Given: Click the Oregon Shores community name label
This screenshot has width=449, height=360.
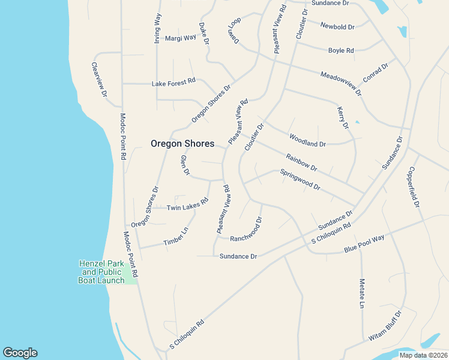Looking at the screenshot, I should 182,143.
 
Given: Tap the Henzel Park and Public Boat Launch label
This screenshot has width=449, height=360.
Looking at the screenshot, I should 101,272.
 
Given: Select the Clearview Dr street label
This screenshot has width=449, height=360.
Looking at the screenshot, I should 99,79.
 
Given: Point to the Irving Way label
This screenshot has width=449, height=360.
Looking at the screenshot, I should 157,28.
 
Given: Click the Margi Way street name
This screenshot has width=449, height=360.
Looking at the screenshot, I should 181,37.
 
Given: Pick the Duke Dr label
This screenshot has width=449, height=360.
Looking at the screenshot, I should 204,34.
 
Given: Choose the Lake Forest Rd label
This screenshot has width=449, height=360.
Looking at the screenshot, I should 173,81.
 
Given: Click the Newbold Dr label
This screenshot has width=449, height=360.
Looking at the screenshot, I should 337,26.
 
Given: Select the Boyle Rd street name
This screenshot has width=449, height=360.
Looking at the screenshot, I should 341,50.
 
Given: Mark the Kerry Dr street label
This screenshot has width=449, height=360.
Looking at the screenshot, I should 343,118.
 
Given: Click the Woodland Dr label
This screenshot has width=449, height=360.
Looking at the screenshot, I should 307,140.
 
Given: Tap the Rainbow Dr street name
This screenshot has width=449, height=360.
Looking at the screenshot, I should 301,163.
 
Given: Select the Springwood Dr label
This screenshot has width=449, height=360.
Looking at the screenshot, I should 300,179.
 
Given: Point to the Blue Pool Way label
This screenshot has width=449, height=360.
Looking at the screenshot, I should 364,244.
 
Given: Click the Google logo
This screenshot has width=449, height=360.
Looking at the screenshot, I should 20,353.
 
